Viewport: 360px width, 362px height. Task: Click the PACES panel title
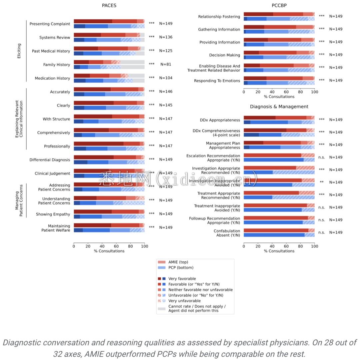pos(109,6)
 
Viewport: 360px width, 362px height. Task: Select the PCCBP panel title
pos(279,6)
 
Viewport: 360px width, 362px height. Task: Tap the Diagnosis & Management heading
pos(279,107)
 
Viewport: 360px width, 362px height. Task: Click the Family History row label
pos(57,65)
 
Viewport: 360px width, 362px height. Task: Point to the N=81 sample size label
pos(166,64)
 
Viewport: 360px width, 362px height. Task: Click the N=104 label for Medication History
pos(166,78)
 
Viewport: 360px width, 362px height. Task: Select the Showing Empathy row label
pos(53,214)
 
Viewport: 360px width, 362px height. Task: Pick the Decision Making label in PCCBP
pos(224,55)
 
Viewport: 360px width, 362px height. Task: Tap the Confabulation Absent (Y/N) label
pos(227,233)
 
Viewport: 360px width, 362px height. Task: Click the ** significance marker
pos(321,182)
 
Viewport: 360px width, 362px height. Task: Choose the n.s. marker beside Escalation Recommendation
pos(321,157)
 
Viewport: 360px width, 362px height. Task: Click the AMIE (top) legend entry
pos(178,262)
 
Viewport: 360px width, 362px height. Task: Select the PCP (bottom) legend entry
pos(181,267)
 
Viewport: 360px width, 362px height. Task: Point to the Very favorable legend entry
pos(182,279)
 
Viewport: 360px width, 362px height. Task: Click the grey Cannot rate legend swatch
pos(161,309)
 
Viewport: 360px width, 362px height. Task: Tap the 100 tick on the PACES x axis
pos(144,246)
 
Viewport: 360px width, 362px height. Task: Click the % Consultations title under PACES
pos(109,251)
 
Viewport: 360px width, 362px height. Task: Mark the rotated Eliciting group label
pos(19,51)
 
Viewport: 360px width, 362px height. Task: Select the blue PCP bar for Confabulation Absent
pos(273,235)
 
